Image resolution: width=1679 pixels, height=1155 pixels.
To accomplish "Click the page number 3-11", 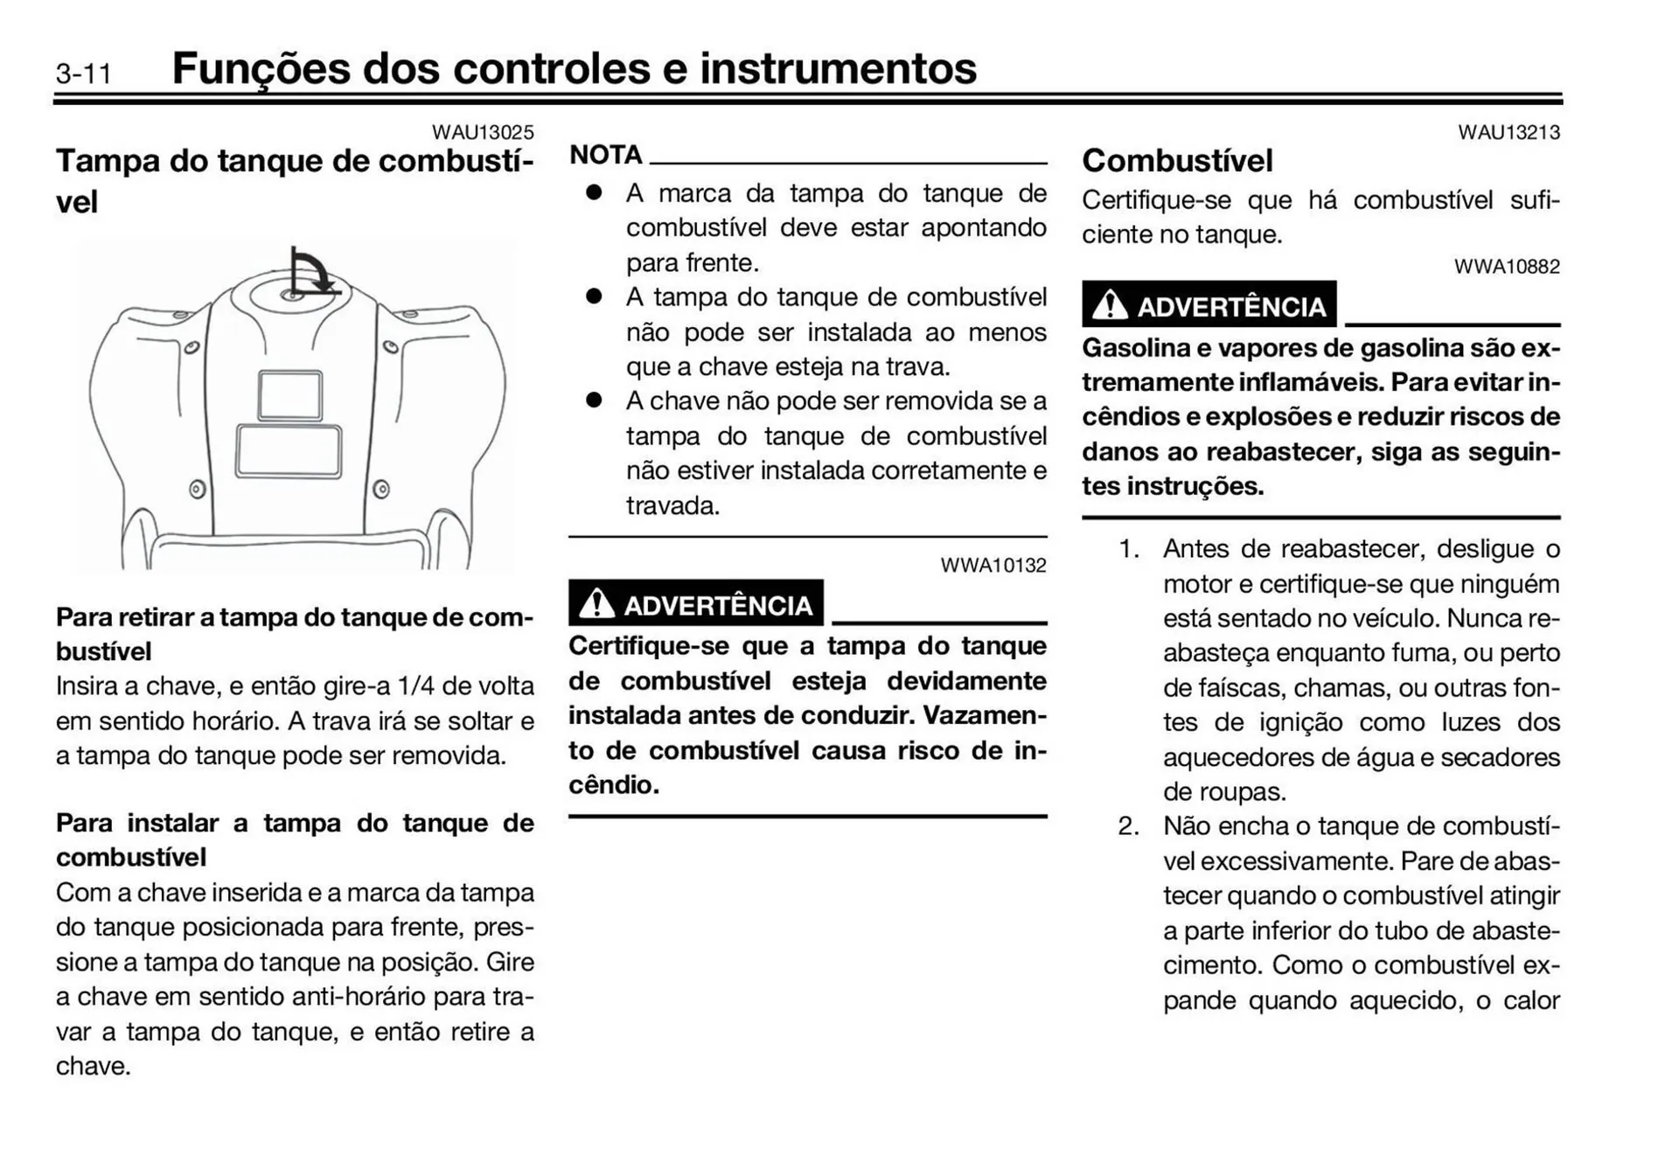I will coord(84,73).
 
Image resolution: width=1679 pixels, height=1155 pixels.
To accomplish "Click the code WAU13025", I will coord(483,132).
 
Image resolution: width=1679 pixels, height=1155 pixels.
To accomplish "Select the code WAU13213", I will coord(1508,132).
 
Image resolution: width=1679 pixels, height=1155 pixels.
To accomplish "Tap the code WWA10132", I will coord(993,565).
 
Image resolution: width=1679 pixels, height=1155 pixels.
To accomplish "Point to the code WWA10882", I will coord(1507,267).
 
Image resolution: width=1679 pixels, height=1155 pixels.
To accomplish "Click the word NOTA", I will coord(606,155).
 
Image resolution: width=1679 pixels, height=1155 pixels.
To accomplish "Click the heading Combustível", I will coord(1177,161).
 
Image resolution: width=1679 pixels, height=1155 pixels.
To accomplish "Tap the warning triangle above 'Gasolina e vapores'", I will coord(1111,305).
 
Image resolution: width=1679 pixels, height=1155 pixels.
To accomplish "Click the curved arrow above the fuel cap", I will coord(312,271).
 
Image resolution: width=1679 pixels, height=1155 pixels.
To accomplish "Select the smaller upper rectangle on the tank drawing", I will coord(290,395).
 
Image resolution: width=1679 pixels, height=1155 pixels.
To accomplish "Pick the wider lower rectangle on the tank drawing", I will coord(289,451).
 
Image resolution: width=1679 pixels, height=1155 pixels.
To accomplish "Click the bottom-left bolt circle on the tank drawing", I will coord(198,489).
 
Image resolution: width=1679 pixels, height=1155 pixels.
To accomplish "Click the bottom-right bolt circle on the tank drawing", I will coord(381,489).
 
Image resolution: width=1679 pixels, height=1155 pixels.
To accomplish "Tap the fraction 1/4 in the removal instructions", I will coord(416,685).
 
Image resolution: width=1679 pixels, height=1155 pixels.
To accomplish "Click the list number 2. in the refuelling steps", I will coord(1128,826).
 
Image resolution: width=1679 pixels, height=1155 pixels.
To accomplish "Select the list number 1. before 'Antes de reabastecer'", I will coord(1128,549).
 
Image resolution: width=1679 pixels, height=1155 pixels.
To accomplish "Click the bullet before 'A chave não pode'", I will coord(595,400).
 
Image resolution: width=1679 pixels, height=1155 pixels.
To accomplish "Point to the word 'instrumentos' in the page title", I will coord(838,68).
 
